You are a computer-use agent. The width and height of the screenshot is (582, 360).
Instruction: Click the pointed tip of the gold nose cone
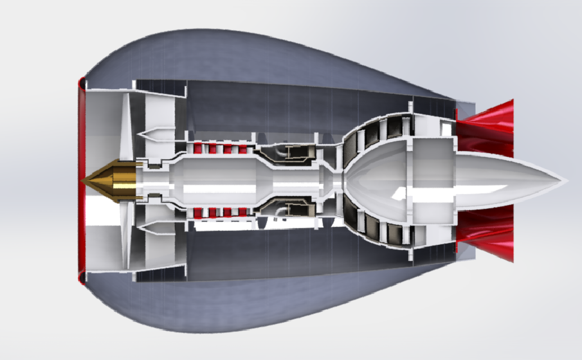point(84,181)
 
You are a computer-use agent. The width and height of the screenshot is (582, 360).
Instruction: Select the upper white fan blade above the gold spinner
point(125,125)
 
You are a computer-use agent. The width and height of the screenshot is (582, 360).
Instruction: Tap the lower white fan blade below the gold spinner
point(125,238)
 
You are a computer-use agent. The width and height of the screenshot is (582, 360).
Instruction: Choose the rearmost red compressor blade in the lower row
point(243,213)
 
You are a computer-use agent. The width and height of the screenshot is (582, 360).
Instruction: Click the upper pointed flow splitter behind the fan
point(154,134)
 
